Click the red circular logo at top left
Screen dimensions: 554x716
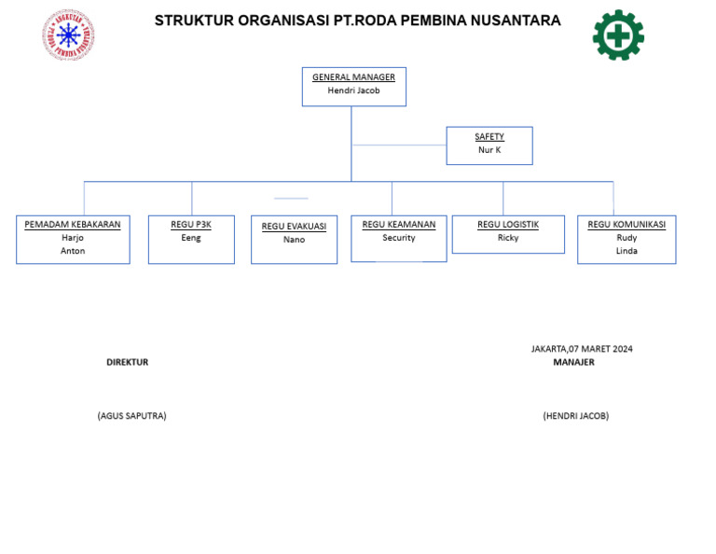[x=68, y=35]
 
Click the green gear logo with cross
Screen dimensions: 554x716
[x=618, y=35]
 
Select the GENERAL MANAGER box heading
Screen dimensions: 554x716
[x=353, y=77]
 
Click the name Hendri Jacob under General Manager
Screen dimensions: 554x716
[x=353, y=90]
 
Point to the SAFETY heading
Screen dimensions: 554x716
[x=489, y=137]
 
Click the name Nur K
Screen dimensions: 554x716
[x=489, y=150]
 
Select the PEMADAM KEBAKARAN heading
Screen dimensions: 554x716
[x=73, y=225]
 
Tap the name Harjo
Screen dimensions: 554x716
[x=73, y=238]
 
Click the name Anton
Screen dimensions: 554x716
[x=73, y=251]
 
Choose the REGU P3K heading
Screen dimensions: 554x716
[x=191, y=225]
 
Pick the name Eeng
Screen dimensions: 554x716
[x=191, y=238]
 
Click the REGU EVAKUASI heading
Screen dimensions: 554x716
[x=294, y=227]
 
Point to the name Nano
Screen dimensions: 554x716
[x=294, y=240]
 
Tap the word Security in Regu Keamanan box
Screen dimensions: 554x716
[x=399, y=238]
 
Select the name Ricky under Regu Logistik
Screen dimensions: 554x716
[x=508, y=238]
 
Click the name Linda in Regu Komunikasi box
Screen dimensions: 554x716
[x=626, y=251]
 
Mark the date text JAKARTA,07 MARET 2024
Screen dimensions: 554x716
[x=582, y=349]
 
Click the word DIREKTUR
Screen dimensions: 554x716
[x=127, y=362]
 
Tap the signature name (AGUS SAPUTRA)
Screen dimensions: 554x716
[x=131, y=416]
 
